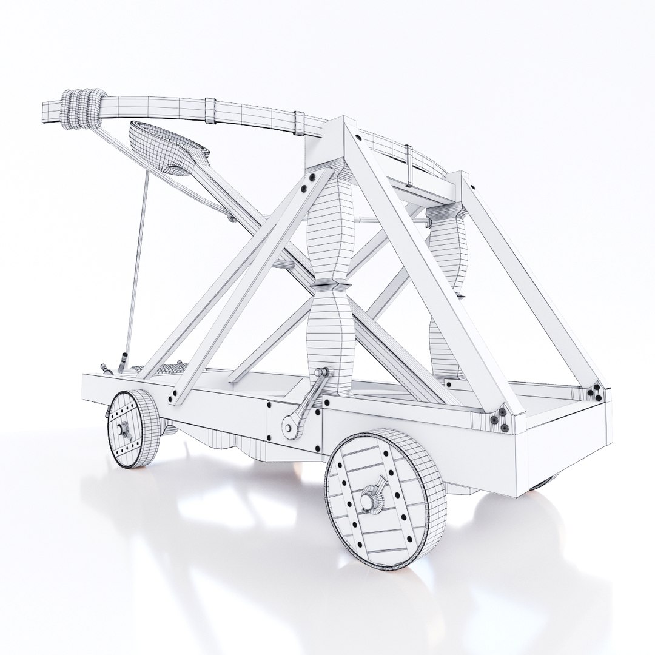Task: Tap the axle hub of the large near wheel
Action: [x=368, y=500]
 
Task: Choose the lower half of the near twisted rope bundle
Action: [x=331, y=340]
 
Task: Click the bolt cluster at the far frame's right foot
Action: [x=598, y=392]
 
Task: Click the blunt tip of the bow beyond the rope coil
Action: [x=52, y=112]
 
